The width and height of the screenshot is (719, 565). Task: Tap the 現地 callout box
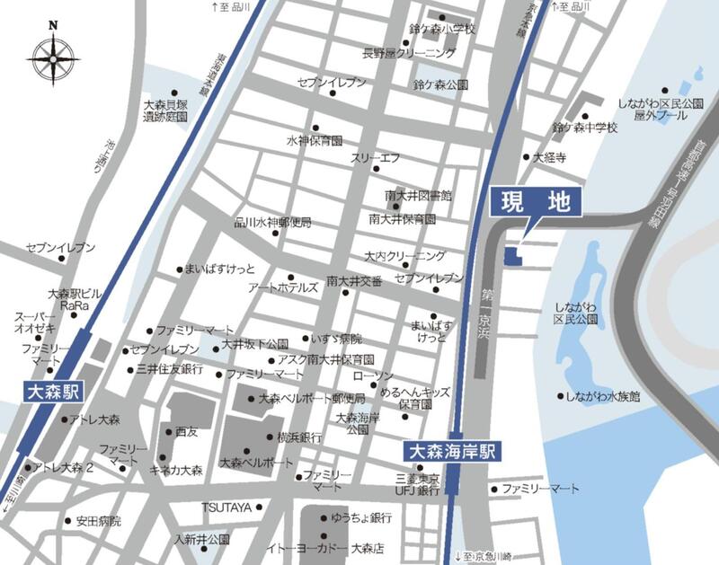537,203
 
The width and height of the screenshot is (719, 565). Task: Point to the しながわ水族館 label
603,396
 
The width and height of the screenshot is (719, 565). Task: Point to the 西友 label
187,431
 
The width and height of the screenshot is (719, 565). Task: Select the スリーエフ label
375,158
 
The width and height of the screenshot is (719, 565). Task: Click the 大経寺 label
549,156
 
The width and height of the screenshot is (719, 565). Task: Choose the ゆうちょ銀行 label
360,518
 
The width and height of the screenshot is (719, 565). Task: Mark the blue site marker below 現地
511,257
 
